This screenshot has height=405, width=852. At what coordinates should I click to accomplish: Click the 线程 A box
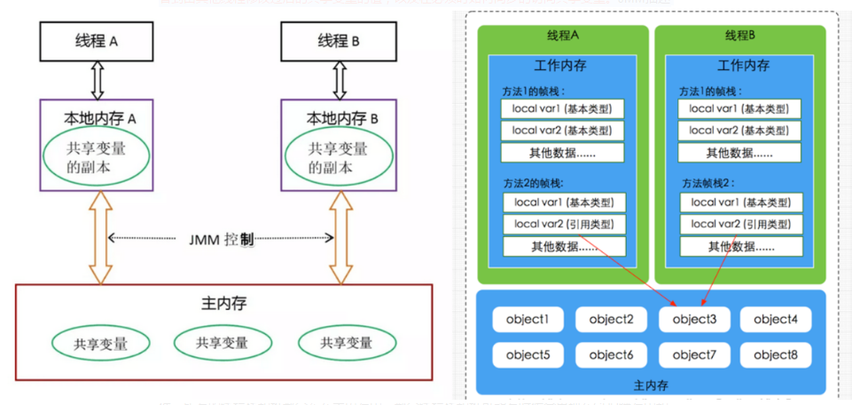tap(96, 42)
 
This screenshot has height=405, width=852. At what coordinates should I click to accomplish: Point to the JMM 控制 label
tap(222, 239)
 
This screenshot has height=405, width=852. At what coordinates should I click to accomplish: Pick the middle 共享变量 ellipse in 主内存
tap(223, 343)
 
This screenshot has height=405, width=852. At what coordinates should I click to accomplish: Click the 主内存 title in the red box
tap(223, 304)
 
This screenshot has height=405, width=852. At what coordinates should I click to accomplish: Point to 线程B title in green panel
tap(740, 36)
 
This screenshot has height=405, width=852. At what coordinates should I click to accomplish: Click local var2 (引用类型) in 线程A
tap(563, 224)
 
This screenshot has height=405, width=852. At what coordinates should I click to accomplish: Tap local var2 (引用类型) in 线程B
tap(740, 224)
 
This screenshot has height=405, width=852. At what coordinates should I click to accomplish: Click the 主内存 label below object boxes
tap(652, 385)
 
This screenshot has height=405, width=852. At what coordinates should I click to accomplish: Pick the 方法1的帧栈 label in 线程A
tap(534, 91)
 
